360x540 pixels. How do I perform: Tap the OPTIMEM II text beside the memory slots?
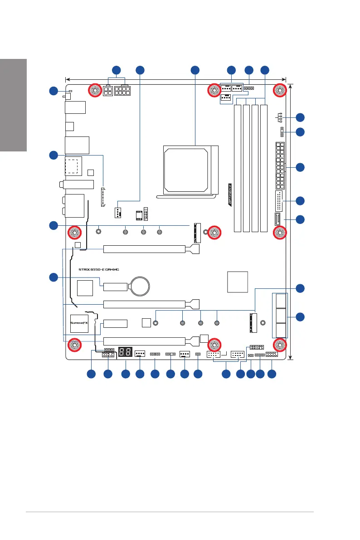(x=230, y=194)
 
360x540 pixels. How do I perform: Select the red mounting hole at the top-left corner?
(x=96, y=91)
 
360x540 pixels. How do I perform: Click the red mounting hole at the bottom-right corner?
(x=279, y=345)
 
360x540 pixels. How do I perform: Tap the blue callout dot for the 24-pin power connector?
(x=300, y=167)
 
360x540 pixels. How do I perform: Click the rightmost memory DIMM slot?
(x=264, y=168)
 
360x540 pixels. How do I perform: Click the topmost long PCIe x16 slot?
(x=144, y=249)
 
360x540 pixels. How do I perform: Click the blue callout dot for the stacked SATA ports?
(x=300, y=316)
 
